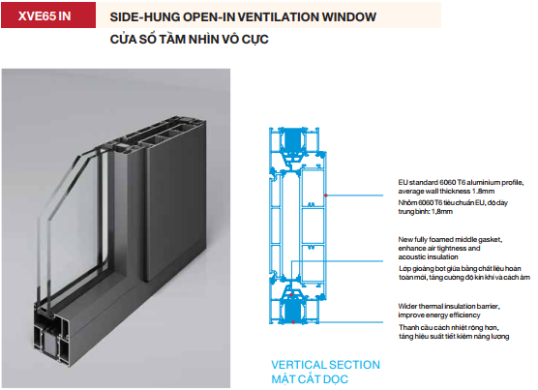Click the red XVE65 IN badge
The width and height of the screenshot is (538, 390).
[x=48, y=15]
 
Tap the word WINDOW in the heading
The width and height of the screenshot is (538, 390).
[x=349, y=16]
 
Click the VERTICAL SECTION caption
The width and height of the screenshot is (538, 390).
[x=326, y=365]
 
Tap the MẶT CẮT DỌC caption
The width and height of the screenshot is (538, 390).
[x=310, y=379]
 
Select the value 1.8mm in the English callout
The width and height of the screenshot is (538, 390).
[x=483, y=192]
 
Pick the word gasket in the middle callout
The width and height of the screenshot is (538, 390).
[x=490, y=240]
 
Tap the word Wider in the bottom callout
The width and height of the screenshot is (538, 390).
[x=407, y=306]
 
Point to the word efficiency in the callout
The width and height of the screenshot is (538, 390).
[x=464, y=315]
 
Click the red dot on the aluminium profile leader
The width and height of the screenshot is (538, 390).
[x=326, y=195]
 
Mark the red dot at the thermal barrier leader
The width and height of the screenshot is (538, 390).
[x=293, y=322]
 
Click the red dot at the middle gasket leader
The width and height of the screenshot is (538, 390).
[x=291, y=294]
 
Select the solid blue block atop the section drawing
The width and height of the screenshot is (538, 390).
[x=292, y=140]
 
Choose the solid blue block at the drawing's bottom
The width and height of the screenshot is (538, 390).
[x=292, y=311]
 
